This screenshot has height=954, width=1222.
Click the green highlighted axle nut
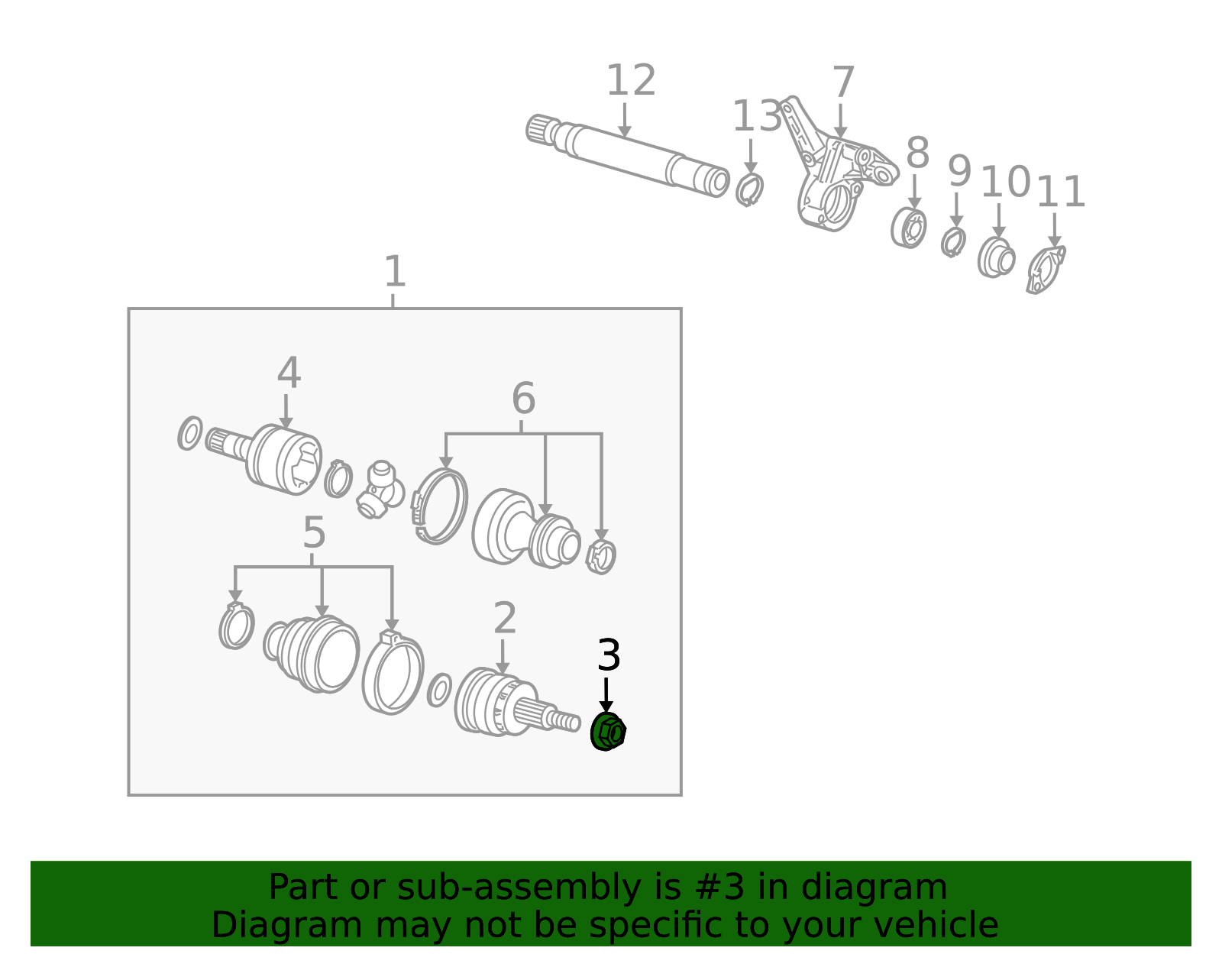[x=608, y=732]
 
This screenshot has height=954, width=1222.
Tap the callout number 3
[x=609, y=655]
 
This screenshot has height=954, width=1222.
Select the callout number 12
[x=631, y=80]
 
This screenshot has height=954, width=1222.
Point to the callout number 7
[x=843, y=82]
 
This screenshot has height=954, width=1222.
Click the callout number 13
[x=757, y=116]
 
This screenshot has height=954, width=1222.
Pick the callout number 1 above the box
[x=394, y=271]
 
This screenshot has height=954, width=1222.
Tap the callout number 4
[x=289, y=372]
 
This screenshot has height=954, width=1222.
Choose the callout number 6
[x=523, y=398]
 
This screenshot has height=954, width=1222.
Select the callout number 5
[x=314, y=532]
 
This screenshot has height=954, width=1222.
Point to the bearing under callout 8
[x=909, y=228]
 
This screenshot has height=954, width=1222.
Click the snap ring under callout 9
[x=953, y=242]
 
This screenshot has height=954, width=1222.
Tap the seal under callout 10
[x=996, y=257]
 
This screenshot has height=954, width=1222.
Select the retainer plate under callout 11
[x=1045, y=270]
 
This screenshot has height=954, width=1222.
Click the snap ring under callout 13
[x=750, y=190]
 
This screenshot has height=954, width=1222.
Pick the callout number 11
[x=1060, y=192]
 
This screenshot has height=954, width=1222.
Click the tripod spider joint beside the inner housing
[x=380, y=490]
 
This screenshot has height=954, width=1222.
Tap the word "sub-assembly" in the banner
[x=519, y=888]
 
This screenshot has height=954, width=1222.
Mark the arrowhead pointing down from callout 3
[x=606, y=707]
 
